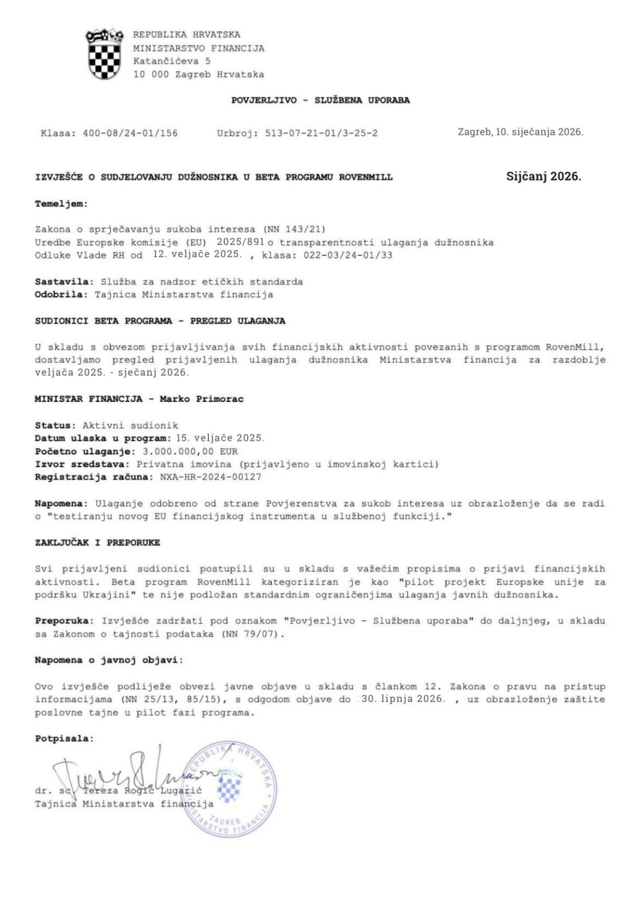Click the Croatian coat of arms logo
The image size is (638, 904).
104,54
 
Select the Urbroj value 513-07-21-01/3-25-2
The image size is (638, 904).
320,131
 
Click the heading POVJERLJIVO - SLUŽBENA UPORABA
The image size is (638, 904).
321,100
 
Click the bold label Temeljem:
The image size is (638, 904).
61,203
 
